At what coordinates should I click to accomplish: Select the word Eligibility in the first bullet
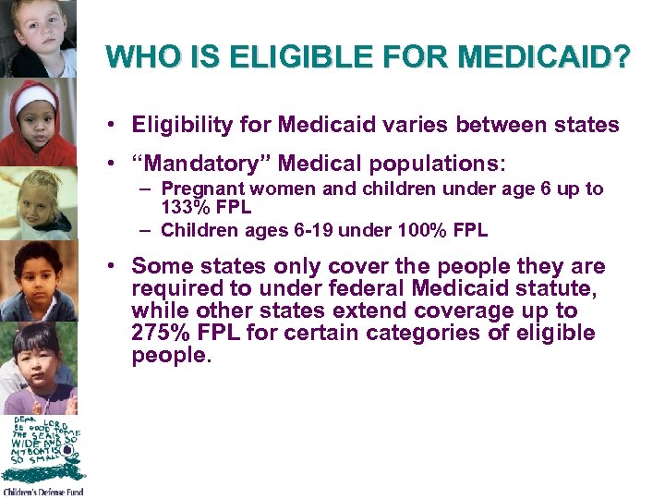point(178,125)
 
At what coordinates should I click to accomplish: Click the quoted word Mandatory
point(202,164)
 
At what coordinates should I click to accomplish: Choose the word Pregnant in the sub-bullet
point(197,189)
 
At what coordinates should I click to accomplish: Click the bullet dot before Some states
point(110,267)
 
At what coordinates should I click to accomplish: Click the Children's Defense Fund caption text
point(42,493)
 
